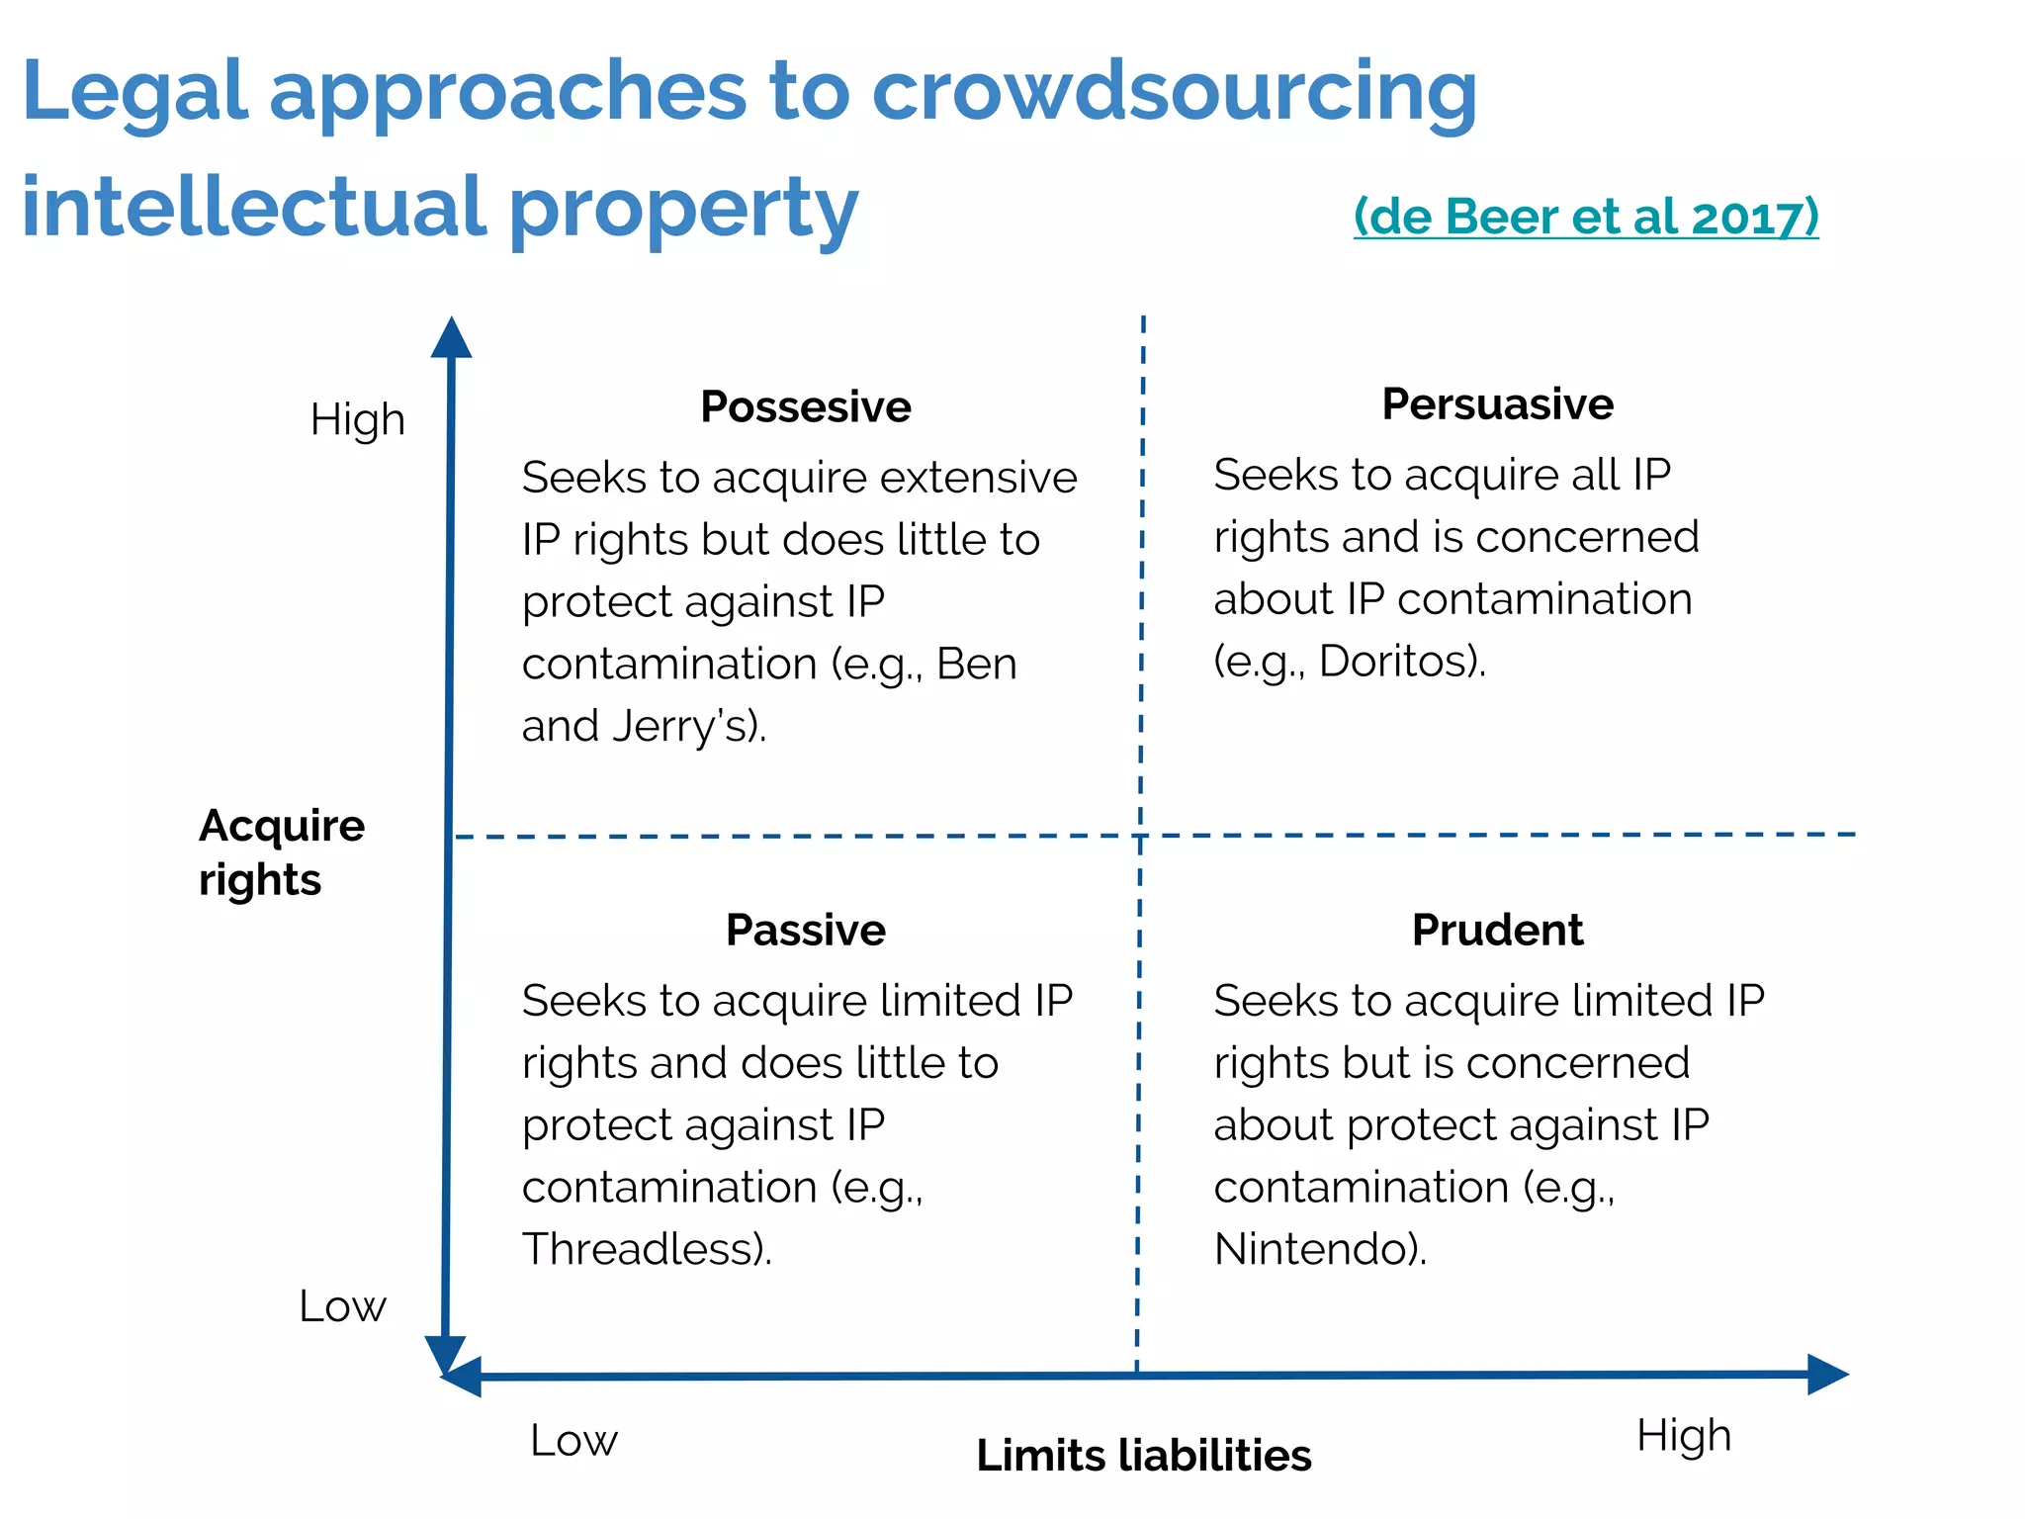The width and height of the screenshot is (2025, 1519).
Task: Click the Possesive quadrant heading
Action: (805, 406)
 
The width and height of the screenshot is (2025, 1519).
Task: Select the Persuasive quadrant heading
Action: (1497, 403)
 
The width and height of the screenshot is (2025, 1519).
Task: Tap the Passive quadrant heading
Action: (805, 930)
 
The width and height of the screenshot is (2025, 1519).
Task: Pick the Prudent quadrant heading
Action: (1497, 930)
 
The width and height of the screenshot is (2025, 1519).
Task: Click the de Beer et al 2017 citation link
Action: (1585, 216)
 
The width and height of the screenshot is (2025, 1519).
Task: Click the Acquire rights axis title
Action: (281, 851)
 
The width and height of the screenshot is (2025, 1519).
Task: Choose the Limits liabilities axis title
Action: (1143, 1456)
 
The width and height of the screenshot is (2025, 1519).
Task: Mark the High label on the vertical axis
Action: (357, 419)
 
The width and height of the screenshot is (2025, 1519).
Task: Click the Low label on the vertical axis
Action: (342, 1306)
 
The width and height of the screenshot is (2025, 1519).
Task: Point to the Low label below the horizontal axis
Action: (573, 1440)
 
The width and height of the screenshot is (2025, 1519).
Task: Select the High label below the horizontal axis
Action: (1683, 1435)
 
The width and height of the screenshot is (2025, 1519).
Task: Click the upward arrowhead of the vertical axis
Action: (451, 337)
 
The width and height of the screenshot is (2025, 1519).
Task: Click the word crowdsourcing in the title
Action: (1174, 91)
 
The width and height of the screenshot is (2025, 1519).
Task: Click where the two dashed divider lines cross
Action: (1140, 836)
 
